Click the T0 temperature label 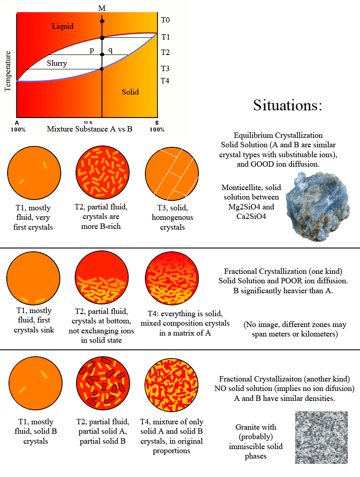click(x=165, y=20)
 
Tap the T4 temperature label click(x=165, y=81)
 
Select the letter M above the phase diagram click(x=102, y=8)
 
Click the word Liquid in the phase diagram click(x=63, y=26)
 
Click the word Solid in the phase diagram click(x=130, y=92)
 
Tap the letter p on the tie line click(x=92, y=50)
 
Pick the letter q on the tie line click(x=110, y=50)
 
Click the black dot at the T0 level click(x=102, y=21)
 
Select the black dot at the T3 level click(x=102, y=69)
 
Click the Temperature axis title click(x=8, y=71)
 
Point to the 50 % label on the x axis click(x=88, y=123)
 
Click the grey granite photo click(x=321, y=437)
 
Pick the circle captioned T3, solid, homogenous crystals click(x=172, y=171)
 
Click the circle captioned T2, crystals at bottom click(x=103, y=279)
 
